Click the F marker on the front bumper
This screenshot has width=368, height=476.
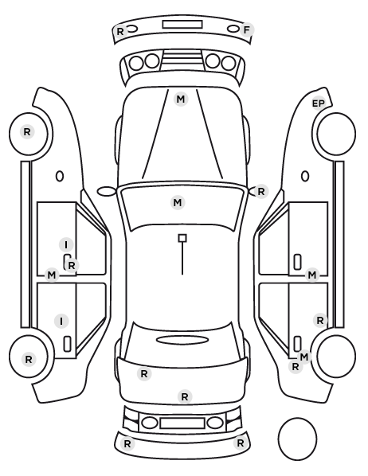(246, 30)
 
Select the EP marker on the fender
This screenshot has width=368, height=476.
(319, 103)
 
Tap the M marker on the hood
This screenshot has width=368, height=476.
(181, 99)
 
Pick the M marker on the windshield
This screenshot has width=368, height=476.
(178, 202)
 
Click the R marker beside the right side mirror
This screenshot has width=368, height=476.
(261, 192)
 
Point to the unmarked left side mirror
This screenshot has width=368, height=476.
(107, 192)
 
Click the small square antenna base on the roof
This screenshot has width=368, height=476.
(182, 238)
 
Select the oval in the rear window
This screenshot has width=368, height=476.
(182, 341)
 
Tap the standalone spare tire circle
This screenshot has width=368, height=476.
(297, 439)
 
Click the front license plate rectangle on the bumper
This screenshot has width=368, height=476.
(182, 25)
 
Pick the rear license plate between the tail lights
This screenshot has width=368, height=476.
(182, 423)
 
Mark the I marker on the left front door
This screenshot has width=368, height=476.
(66, 244)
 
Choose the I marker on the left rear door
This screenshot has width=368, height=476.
(61, 321)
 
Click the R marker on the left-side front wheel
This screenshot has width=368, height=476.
(27, 132)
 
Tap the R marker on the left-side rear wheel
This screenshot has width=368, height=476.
(29, 360)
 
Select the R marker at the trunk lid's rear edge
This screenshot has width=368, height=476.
(185, 396)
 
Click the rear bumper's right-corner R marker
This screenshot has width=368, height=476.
(240, 443)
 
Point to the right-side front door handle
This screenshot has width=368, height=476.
(298, 262)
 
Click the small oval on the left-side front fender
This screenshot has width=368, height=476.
(60, 176)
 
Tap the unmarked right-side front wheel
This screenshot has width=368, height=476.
(336, 134)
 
